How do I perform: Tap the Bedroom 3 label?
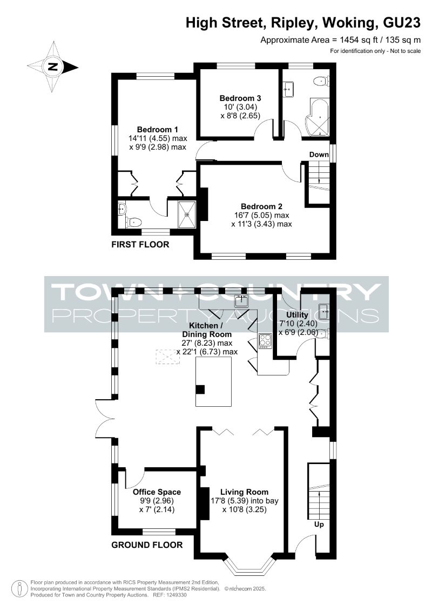click(x=240, y=98)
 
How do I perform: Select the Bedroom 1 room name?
click(x=157, y=129)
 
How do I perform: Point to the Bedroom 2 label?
click(x=261, y=206)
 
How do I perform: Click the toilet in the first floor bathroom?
click(x=321, y=82)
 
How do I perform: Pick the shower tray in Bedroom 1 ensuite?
click(x=188, y=214)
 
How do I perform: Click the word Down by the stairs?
click(x=319, y=155)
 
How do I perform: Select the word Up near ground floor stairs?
click(x=319, y=525)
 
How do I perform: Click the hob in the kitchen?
click(x=265, y=341)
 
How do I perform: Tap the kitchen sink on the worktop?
click(x=241, y=301)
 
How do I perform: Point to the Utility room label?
click(x=297, y=315)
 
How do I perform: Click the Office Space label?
click(x=157, y=492)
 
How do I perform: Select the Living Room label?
click(x=244, y=492)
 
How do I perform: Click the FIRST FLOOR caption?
click(x=140, y=245)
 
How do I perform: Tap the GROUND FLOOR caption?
click(x=147, y=545)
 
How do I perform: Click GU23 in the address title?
click(x=402, y=23)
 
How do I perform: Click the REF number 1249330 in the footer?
click(x=175, y=595)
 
